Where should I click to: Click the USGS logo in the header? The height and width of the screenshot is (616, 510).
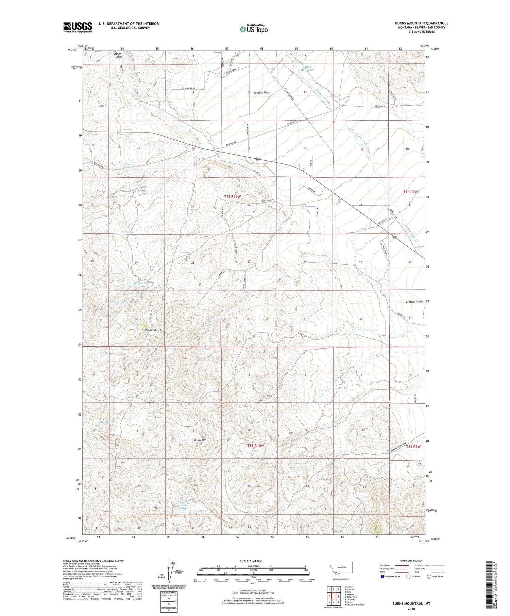click(78, 27)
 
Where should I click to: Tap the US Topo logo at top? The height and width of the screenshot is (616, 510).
click(254, 29)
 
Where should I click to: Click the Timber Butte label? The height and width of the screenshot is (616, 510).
click(153, 330)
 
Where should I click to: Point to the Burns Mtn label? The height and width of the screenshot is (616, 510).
click(200, 440)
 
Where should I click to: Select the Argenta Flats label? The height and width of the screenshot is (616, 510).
click(261, 92)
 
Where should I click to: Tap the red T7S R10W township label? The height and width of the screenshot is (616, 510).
click(232, 196)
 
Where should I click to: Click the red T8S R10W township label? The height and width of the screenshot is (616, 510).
click(256, 445)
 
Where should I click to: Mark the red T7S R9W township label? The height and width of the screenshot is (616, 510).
click(410, 192)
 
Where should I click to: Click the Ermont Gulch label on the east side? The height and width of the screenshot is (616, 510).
click(414, 302)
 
